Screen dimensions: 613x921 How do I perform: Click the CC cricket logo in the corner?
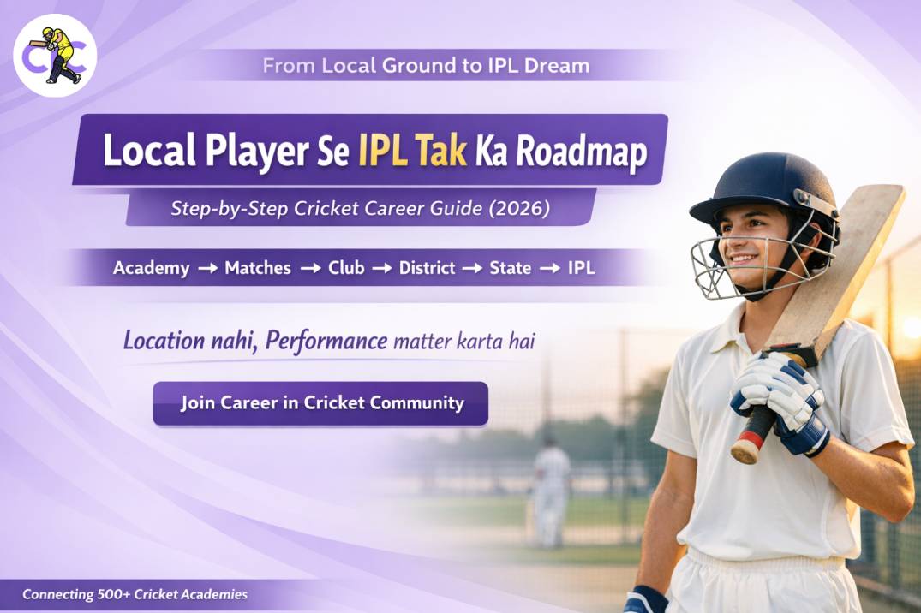click(55, 56)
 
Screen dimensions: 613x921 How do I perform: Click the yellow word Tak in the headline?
click(441, 152)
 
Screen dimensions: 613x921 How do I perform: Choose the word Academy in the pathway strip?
click(151, 268)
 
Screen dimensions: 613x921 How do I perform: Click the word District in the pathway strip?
click(427, 268)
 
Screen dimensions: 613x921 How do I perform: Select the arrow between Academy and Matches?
click(206, 269)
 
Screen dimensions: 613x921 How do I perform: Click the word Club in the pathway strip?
click(346, 268)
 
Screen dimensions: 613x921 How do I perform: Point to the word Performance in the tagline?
click(326, 341)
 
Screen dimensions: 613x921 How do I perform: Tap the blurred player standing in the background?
click(550, 489)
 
